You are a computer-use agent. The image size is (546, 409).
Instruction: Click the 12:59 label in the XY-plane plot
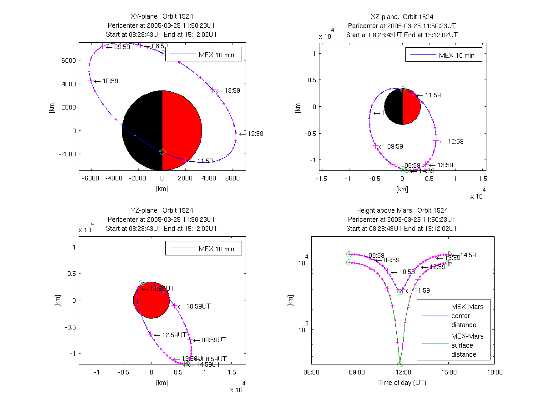click(x=256, y=134)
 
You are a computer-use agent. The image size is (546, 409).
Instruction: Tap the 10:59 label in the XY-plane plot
click(x=111, y=81)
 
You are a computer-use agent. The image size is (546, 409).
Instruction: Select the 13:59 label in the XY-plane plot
click(x=233, y=90)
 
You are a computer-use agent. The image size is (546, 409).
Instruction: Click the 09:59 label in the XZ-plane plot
click(x=395, y=147)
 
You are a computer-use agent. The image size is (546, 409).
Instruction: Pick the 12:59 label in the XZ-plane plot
click(x=455, y=141)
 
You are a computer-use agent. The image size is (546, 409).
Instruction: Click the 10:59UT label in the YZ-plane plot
click(x=198, y=306)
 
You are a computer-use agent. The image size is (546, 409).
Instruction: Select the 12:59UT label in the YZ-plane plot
click(x=174, y=335)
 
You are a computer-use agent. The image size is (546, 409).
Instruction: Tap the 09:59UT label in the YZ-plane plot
click(x=214, y=340)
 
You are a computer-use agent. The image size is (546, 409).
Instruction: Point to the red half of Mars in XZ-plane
click(x=411, y=107)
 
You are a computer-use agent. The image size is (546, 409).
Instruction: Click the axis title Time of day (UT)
click(x=402, y=383)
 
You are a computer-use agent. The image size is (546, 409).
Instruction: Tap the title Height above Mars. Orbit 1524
click(x=402, y=210)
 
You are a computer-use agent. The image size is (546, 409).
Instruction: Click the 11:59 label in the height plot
click(x=421, y=290)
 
